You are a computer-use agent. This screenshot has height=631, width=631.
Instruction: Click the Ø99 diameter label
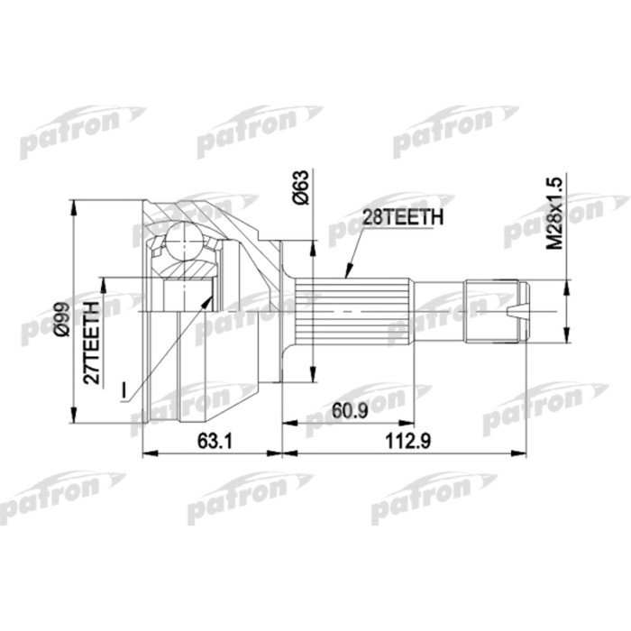tap(59, 318)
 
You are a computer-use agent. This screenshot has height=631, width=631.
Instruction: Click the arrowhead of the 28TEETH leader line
tap(346, 273)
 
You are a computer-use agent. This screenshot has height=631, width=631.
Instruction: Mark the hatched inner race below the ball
tap(189, 268)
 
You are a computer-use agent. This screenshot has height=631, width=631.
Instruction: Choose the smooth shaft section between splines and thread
tap(438, 311)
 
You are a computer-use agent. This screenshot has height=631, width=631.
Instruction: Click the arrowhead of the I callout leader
tap(212, 294)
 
